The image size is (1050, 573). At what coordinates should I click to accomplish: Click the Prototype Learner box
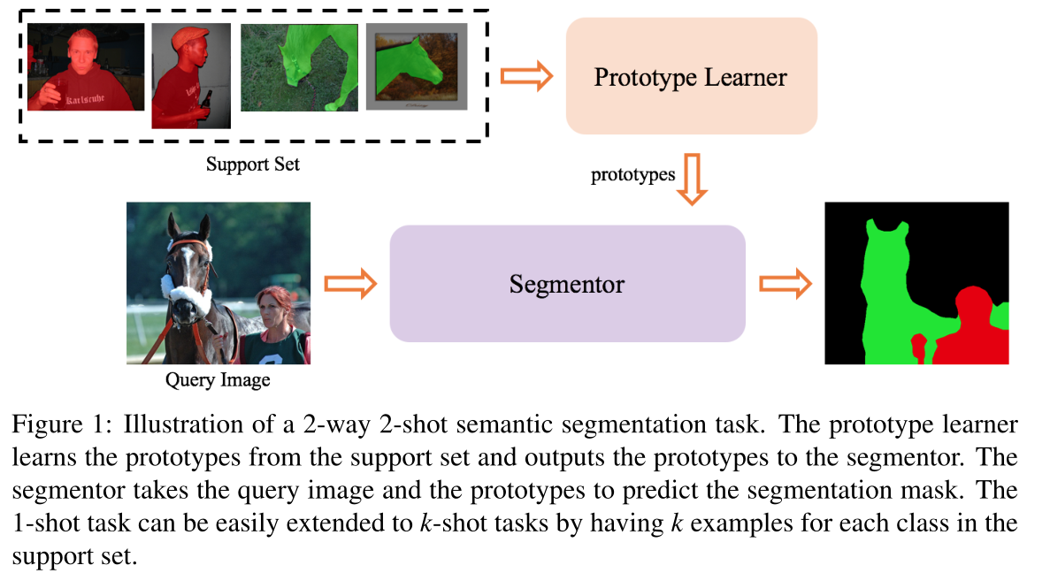691,76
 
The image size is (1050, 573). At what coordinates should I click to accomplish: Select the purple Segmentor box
567,284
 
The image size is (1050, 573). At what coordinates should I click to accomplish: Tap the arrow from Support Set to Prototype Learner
526,76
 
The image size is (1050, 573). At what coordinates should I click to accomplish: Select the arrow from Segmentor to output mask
786,284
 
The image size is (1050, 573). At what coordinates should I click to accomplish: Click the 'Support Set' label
253,164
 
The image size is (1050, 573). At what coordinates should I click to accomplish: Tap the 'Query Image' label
218,381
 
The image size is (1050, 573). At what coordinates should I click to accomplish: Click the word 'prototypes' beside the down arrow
632,175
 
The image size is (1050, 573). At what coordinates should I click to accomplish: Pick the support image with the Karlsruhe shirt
86,67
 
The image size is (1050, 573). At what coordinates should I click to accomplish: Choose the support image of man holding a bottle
191,76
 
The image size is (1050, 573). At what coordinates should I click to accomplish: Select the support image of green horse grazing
299,67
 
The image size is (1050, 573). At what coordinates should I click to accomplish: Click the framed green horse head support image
416,67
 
